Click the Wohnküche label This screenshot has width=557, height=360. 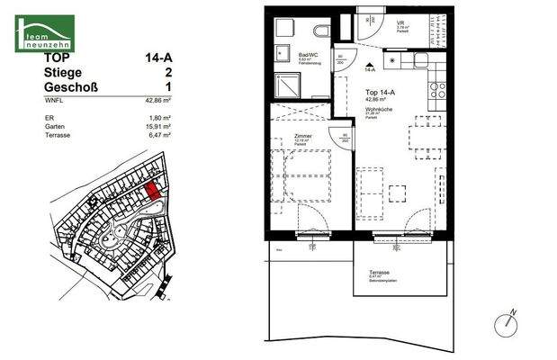pos(378,109)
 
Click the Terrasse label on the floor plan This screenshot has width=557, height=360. pos(378,272)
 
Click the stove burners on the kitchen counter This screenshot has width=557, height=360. pos(439,90)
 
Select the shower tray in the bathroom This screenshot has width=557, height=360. pos(289,85)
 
